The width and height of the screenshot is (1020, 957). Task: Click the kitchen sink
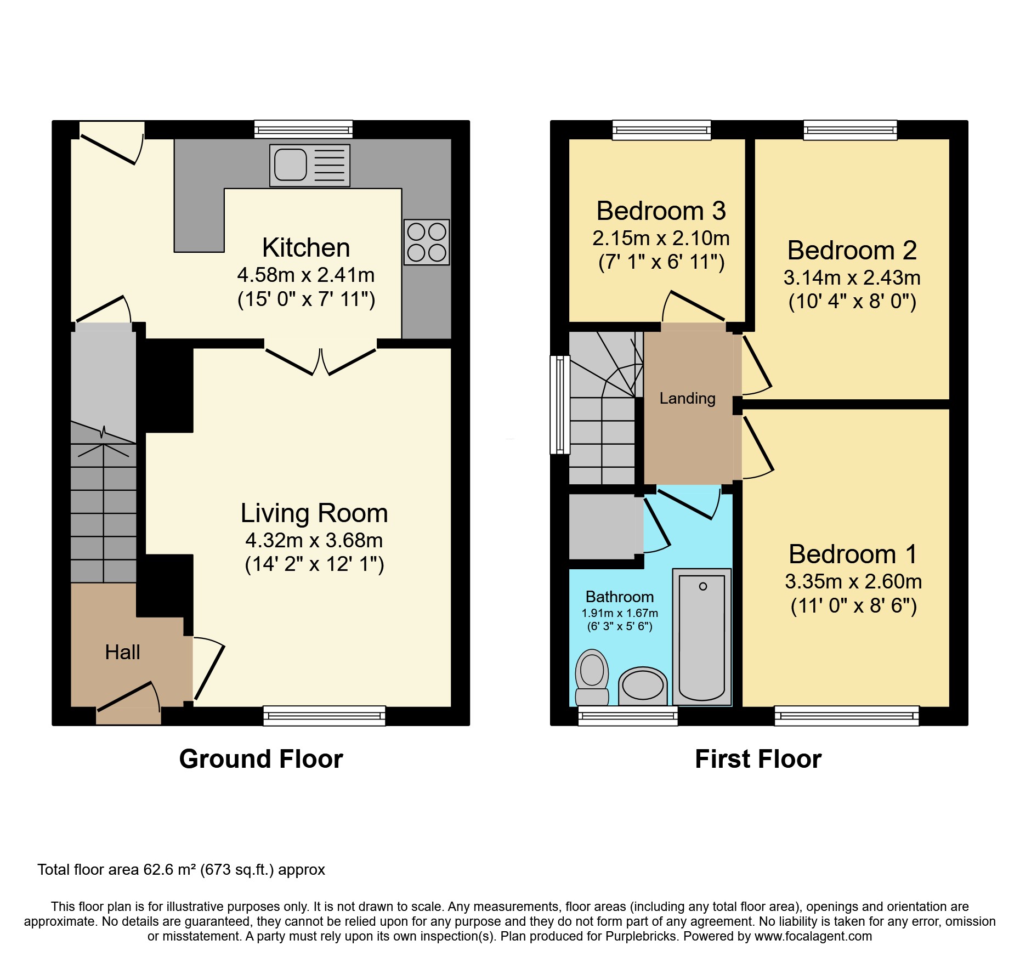(310, 165)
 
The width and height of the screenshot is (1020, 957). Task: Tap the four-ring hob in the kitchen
(427, 242)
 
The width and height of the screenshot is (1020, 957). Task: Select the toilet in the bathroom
(592, 678)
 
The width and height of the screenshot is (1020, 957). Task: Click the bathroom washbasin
(643, 686)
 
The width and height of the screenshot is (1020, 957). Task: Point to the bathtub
(702, 637)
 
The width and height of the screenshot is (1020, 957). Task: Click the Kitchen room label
(306, 247)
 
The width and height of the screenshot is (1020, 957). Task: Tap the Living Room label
(314, 513)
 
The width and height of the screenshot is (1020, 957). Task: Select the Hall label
(122, 652)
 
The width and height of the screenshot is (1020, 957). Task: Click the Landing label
(687, 398)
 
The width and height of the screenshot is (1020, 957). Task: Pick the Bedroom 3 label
(661, 211)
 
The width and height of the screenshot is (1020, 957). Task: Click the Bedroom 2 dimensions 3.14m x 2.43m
(852, 278)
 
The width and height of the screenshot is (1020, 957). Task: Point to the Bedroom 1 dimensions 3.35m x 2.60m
(853, 581)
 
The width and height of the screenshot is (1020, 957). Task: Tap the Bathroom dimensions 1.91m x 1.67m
(620, 613)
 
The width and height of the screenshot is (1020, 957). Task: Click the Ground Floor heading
(261, 759)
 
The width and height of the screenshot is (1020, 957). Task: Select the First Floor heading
(758, 759)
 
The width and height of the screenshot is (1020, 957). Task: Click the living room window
(324, 716)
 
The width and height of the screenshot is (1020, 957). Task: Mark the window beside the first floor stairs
(560, 405)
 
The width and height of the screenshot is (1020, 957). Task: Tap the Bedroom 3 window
(661, 130)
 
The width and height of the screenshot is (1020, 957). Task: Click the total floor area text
(181, 870)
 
